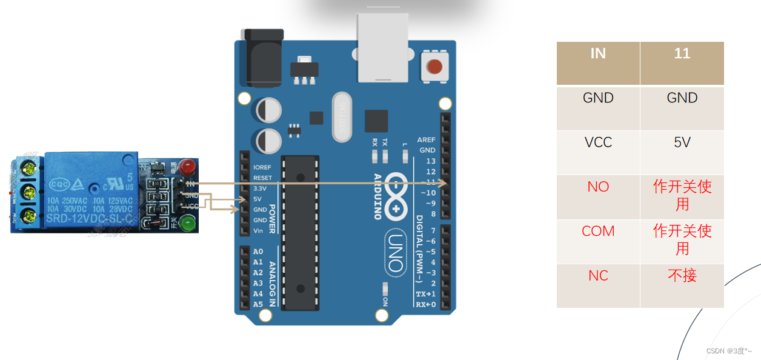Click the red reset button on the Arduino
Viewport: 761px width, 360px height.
point(434,66)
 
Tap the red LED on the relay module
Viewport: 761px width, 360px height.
point(188,165)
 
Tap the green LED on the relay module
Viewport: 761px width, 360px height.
point(188,225)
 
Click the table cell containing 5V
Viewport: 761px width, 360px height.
point(682,142)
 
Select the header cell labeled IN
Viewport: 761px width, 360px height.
point(598,54)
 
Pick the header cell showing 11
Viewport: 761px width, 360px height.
point(682,54)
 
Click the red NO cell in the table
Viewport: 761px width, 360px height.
point(598,187)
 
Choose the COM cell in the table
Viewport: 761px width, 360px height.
point(598,231)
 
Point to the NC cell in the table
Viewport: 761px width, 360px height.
point(598,276)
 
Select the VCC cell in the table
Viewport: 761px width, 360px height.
point(598,142)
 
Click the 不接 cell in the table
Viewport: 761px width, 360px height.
point(682,276)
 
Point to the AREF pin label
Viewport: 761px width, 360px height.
point(426,140)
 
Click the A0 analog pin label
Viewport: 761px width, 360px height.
point(258,252)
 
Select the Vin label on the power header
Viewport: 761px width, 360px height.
point(258,231)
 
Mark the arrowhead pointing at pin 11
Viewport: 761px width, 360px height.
point(444,182)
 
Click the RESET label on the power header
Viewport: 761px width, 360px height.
point(262,178)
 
